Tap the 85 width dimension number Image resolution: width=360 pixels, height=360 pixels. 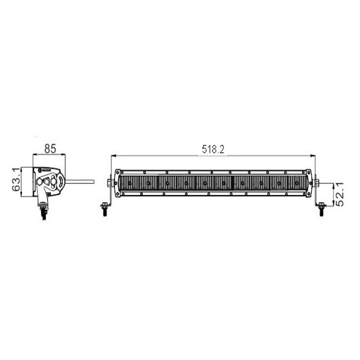coord(50,148)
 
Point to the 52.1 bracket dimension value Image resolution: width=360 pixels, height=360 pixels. coord(340,194)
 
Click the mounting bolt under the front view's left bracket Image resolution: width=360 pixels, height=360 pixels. coord(104,210)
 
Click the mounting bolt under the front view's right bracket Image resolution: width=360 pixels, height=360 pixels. coord(321,210)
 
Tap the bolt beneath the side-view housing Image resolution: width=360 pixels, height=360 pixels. coord(43,209)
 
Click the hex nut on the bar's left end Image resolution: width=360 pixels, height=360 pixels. coord(109,183)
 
